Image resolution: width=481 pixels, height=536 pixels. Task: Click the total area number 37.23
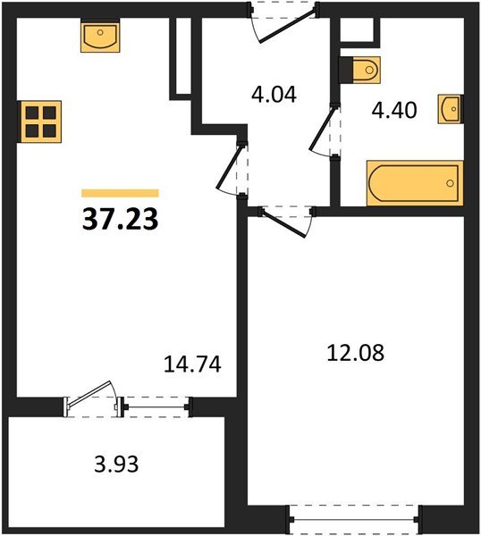point(120,219)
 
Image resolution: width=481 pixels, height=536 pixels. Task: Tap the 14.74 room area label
point(192,364)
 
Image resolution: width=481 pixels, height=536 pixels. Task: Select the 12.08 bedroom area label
point(356,353)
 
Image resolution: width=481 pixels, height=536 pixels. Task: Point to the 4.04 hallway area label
point(274,95)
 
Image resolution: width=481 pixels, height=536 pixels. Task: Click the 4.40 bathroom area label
point(394,111)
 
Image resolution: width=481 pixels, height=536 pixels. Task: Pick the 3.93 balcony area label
point(116,465)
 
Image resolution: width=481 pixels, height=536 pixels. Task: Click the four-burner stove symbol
point(39,121)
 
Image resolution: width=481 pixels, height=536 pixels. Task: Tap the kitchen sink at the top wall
point(100,35)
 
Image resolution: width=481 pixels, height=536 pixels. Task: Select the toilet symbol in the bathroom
point(359,70)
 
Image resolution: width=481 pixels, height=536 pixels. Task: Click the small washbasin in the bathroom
point(451,109)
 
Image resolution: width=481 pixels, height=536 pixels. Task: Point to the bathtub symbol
point(415,183)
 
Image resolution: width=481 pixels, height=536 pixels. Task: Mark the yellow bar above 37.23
point(120,193)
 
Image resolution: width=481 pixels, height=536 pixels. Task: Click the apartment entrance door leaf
point(287,26)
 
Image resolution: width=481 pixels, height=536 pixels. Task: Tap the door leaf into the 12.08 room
point(283,223)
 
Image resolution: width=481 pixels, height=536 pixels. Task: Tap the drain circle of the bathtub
point(450,183)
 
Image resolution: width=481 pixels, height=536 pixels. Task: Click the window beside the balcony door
point(156,406)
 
